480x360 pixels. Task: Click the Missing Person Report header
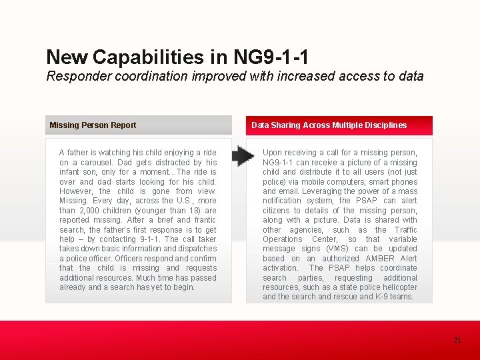pyautogui.click(x=93, y=125)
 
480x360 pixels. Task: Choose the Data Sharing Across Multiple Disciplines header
pyautogui.click(x=329, y=125)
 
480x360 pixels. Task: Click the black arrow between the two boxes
pyautogui.click(x=243, y=157)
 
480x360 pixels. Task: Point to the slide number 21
pyautogui.click(x=457, y=340)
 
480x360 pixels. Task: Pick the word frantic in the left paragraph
pyautogui.click(x=205, y=220)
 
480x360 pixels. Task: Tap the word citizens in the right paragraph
pyautogui.click(x=277, y=211)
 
